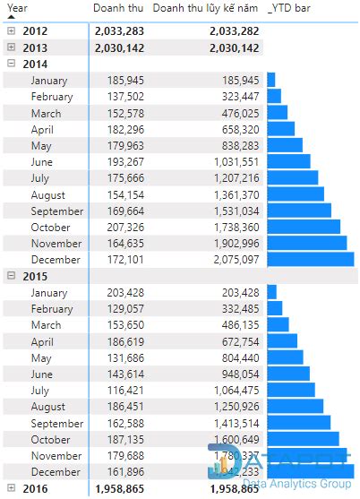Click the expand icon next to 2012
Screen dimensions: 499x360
pyautogui.click(x=11, y=31)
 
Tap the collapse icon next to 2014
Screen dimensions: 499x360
pyautogui.click(x=11, y=64)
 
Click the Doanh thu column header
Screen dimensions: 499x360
pyautogui.click(x=117, y=8)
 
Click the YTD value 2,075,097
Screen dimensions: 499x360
pyautogui.click(x=231, y=259)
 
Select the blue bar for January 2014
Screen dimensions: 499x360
pyautogui.click(x=270, y=81)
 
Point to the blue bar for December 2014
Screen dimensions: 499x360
pyautogui.click(x=308, y=259)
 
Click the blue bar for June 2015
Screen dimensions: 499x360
pyautogui.click(x=288, y=374)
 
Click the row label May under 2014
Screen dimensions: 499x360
pyautogui.click(x=41, y=146)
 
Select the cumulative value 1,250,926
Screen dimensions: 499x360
pyautogui.click(x=231, y=406)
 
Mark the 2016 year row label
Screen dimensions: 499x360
pyautogui.click(x=35, y=488)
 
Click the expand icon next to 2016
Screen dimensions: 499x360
pyautogui.click(x=11, y=488)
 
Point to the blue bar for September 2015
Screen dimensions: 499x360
pyautogui.click(x=298, y=423)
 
